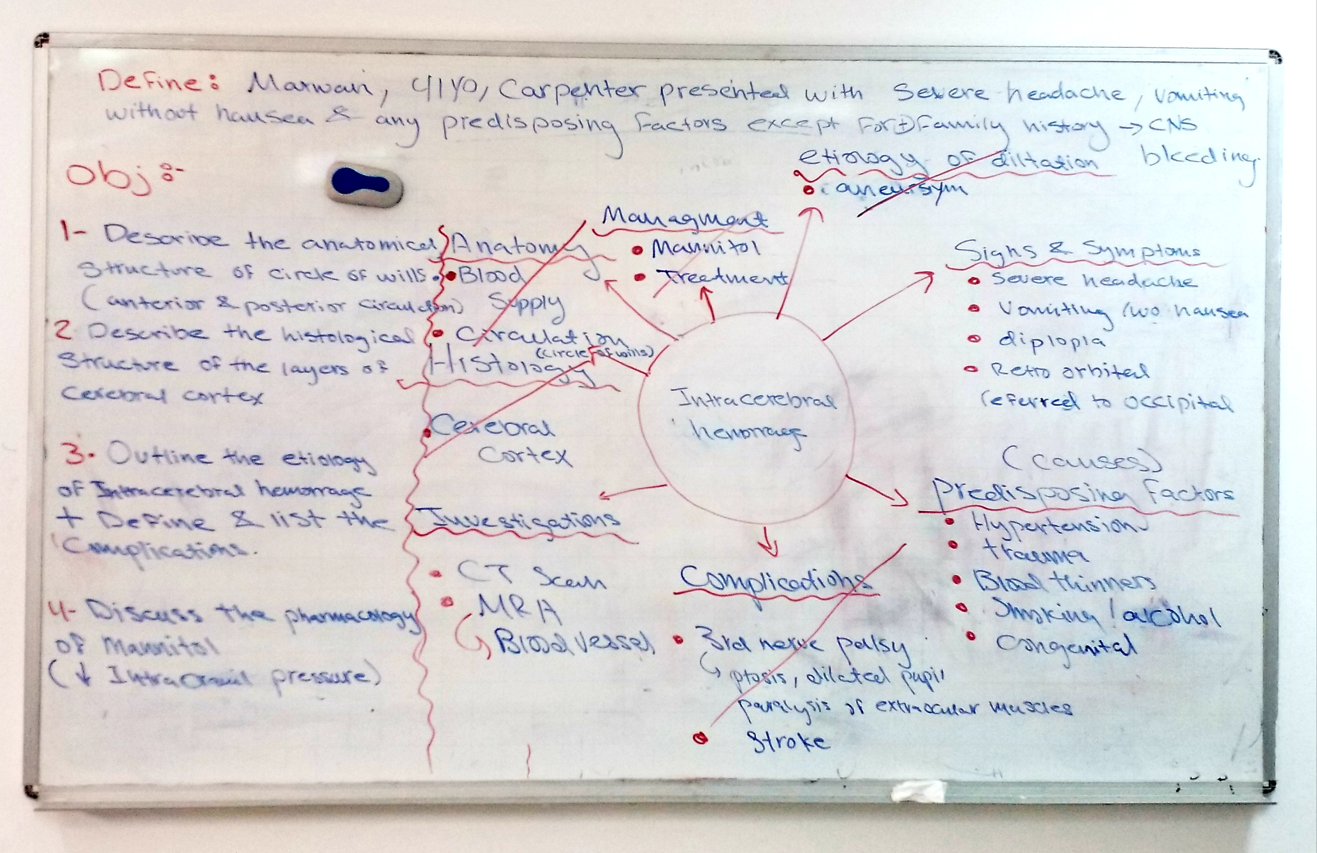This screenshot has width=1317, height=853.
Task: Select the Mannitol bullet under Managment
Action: [x=706, y=248]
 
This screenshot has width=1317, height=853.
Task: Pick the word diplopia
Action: [x=1051, y=340]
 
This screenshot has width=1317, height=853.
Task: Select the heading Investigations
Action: [x=517, y=518]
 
